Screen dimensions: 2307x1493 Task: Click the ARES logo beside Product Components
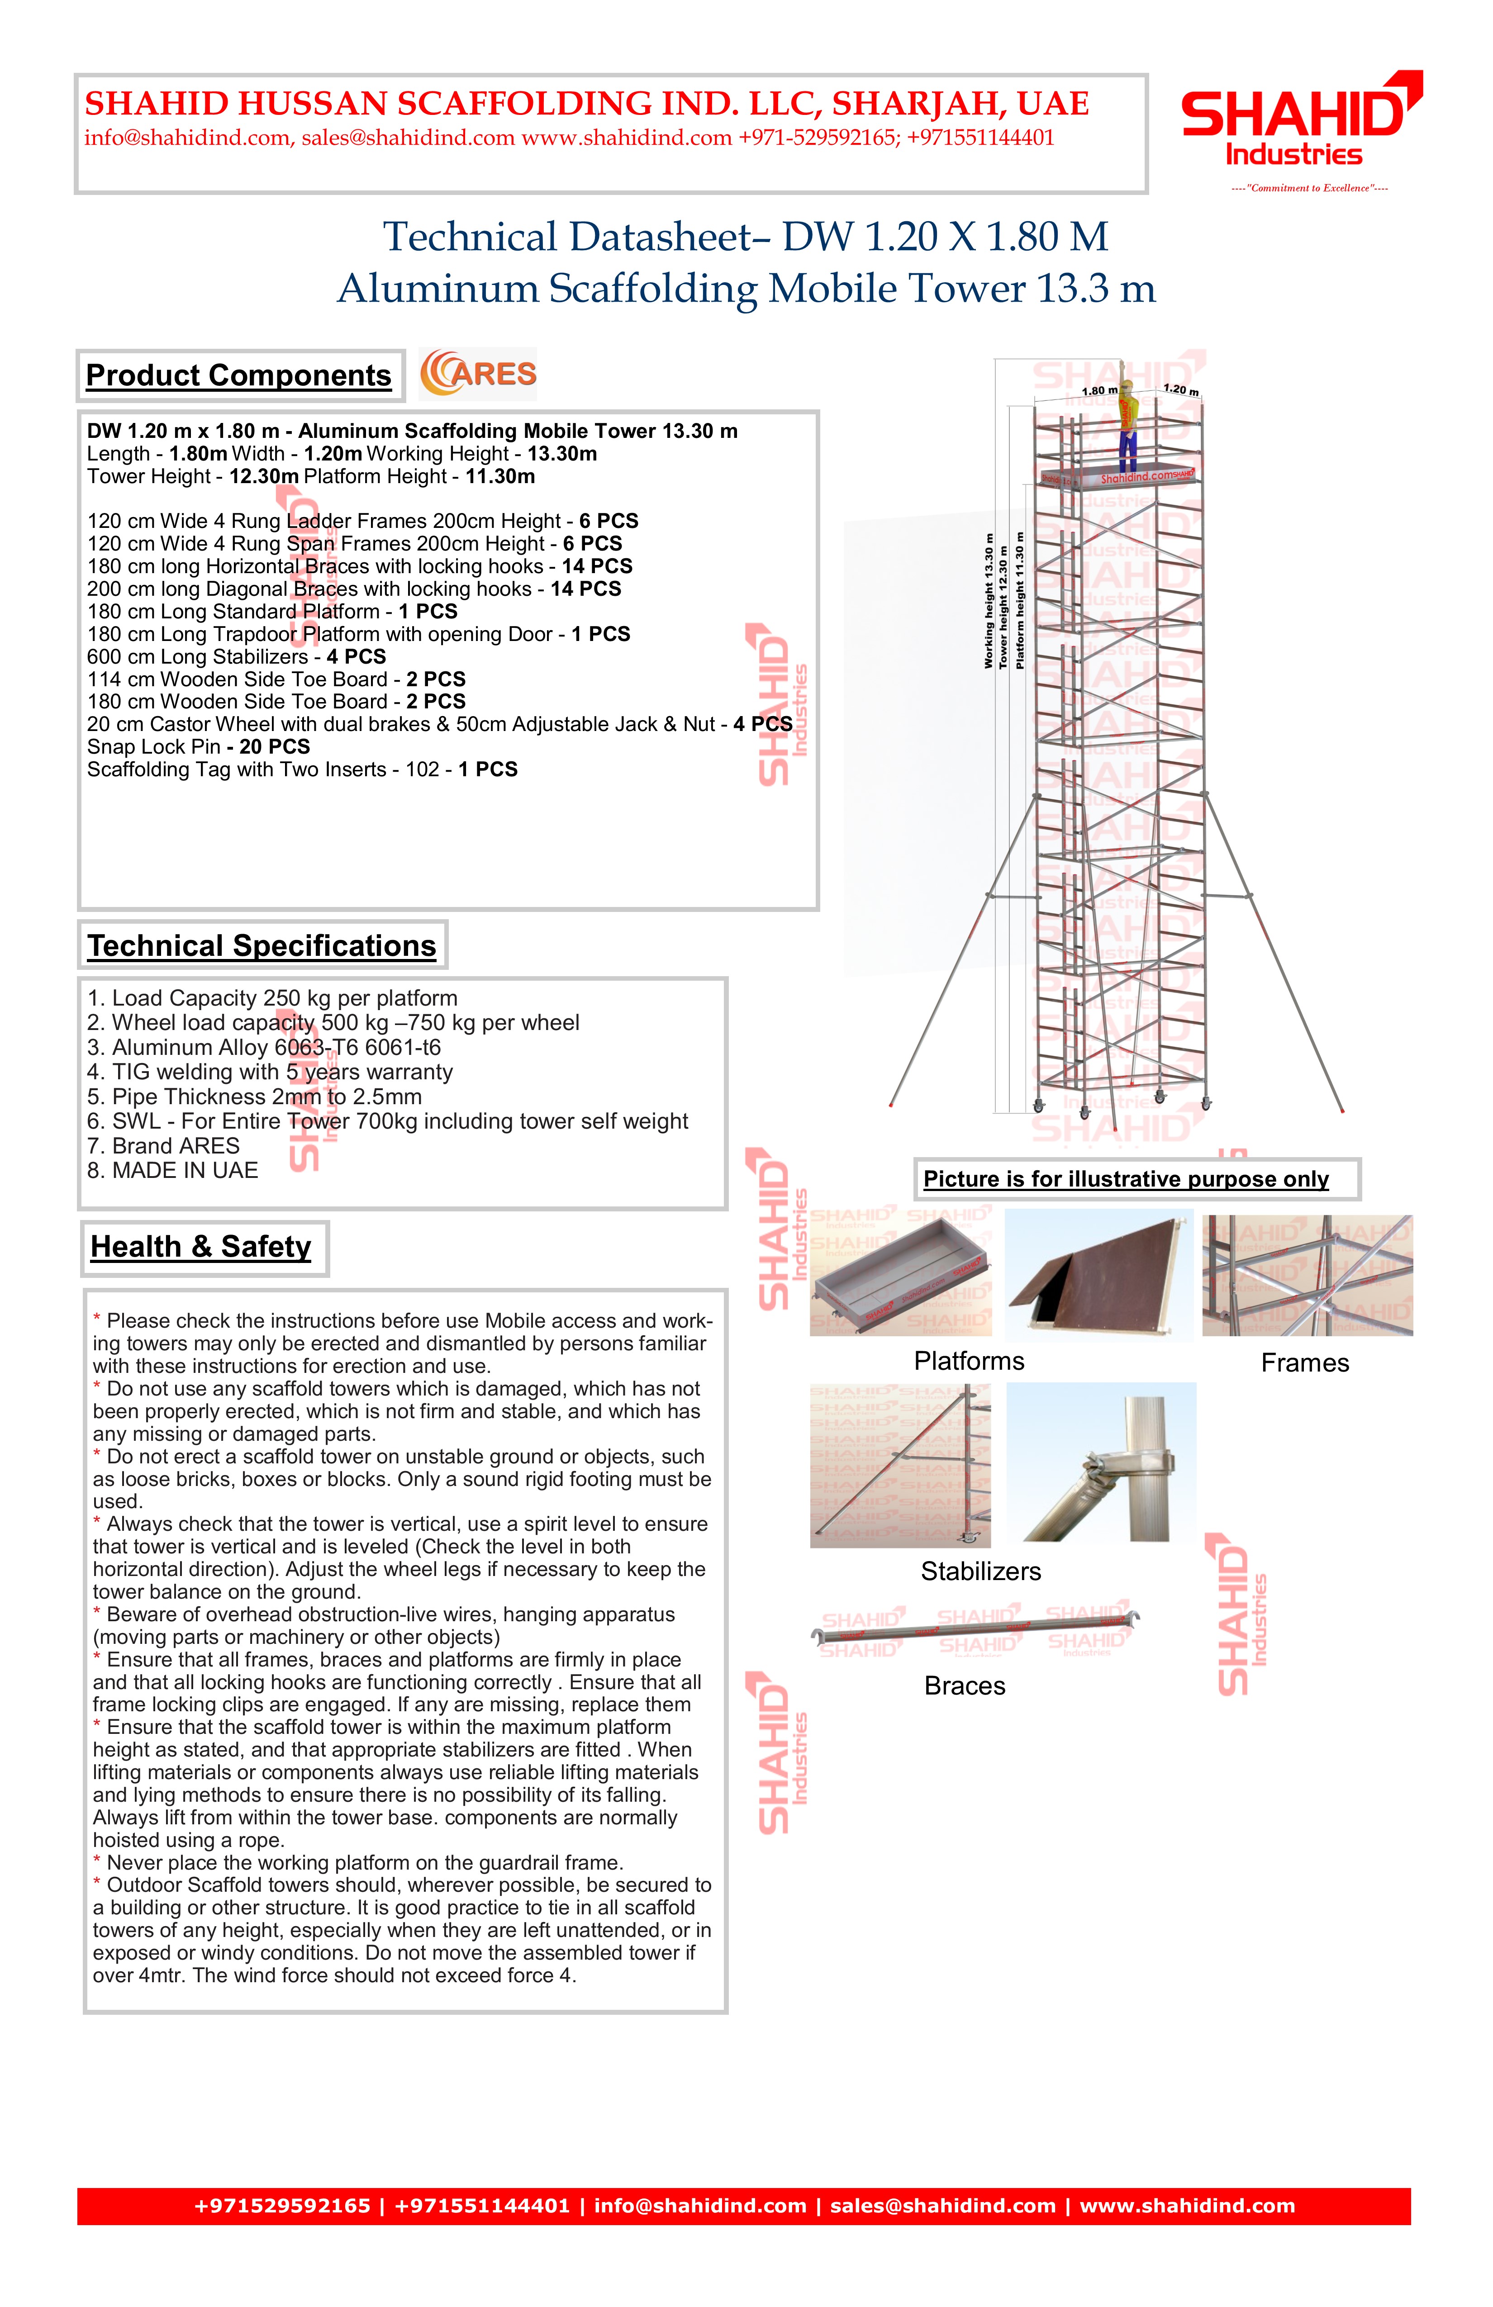478,374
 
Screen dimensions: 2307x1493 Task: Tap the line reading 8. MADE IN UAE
172,1171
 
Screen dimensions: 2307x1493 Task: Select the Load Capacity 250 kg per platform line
272,998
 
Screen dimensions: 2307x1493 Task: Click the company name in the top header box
586,104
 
